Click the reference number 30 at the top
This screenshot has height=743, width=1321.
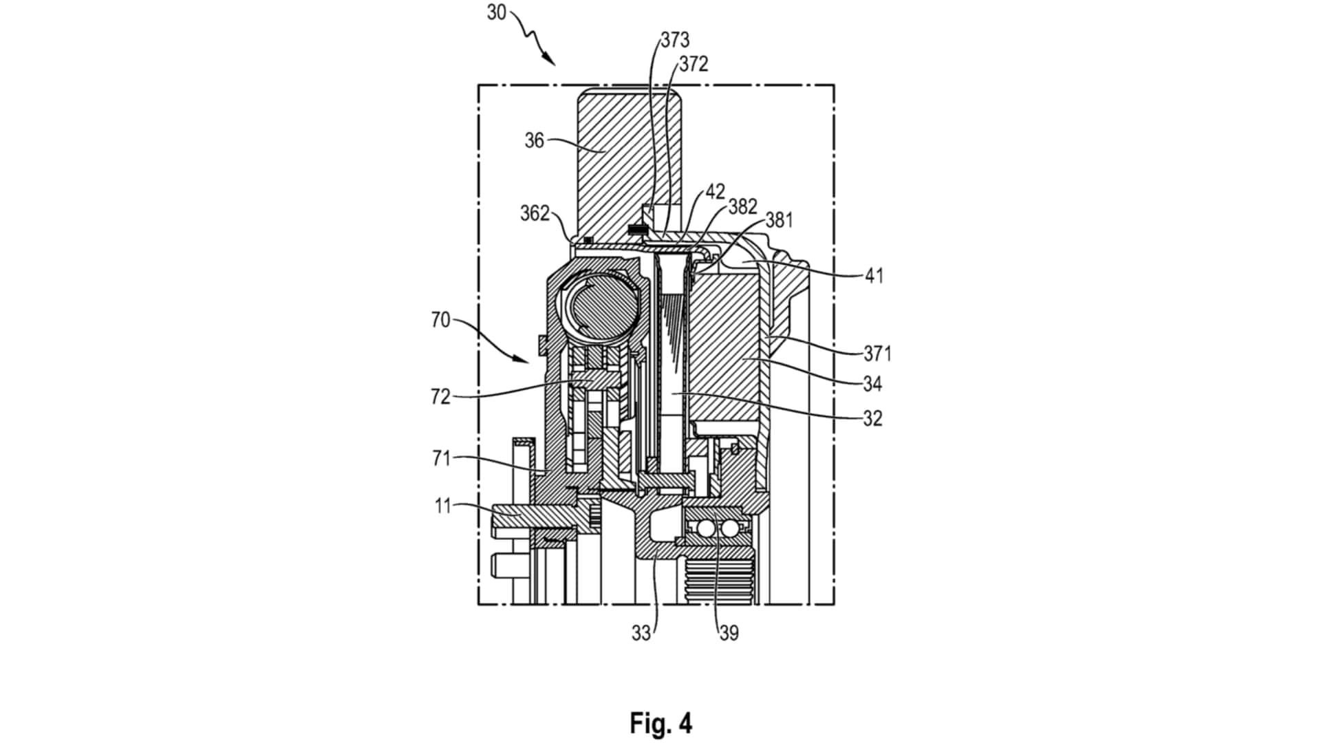click(496, 12)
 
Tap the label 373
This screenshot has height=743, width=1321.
click(674, 41)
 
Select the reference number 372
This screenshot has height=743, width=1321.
click(693, 64)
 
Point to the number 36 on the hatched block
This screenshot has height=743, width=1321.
click(534, 140)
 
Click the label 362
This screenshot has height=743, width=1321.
click(535, 213)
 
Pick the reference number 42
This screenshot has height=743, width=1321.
click(716, 192)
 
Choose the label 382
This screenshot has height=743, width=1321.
click(743, 206)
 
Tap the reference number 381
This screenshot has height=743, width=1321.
click(779, 220)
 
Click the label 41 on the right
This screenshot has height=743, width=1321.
click(874, 276)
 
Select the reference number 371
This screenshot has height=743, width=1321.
click(877, 354)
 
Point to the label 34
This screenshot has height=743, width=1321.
click(872, 384)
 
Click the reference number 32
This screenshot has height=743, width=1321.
click(872, 418)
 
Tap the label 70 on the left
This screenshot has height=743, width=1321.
click(440, 320)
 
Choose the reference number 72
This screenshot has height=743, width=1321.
click(440, 397)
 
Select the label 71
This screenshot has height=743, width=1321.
click(441, 458)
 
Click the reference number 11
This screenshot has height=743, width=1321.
click(442, 506)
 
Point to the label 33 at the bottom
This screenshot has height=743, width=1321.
click(641, 633)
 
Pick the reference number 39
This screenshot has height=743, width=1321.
click(729, 633)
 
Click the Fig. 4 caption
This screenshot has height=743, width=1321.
click(660, 723)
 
